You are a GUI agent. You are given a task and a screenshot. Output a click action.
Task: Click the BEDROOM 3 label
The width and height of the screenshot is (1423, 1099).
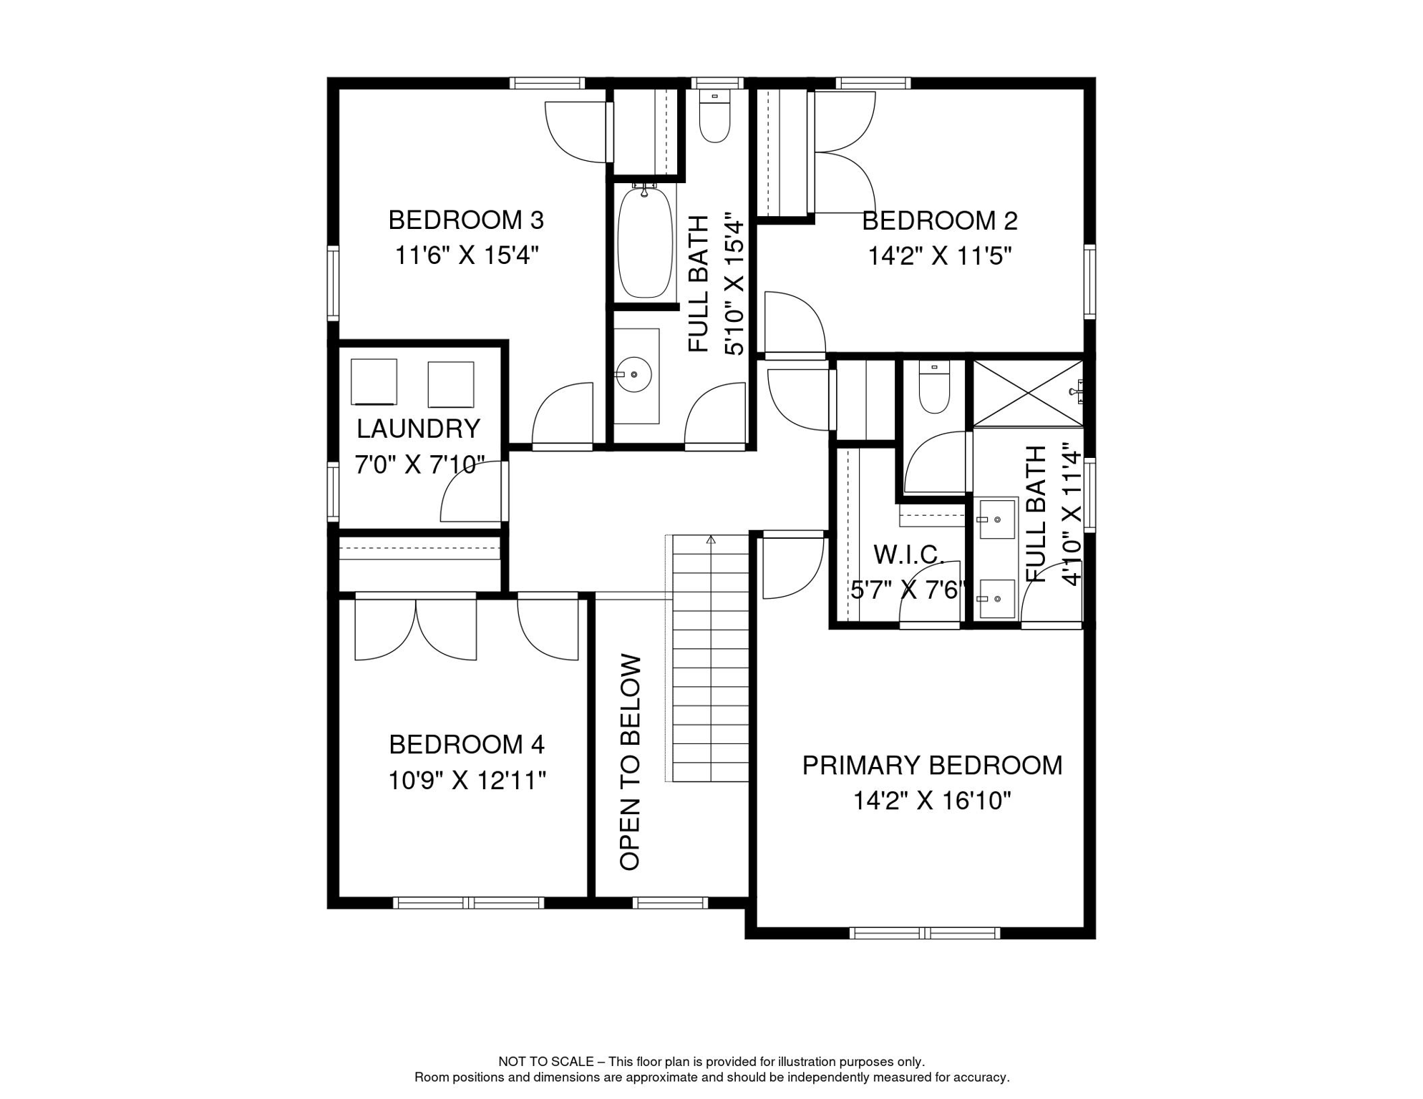(x=466, y=220)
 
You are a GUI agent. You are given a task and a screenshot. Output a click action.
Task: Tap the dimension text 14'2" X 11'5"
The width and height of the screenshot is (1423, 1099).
(x=939, y=255)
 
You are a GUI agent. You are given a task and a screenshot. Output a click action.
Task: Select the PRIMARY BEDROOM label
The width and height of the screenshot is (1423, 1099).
(x=931, y=765)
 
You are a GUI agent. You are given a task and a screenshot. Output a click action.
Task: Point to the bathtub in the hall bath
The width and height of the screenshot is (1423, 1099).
(x=645, y=242)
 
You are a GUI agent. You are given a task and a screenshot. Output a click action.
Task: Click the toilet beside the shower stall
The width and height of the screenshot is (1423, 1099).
(x=934, y=388)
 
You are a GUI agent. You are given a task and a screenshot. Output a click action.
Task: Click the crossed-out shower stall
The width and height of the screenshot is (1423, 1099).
(x=1028, y=394)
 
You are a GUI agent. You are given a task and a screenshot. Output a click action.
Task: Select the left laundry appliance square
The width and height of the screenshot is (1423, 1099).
(x=374, y=382)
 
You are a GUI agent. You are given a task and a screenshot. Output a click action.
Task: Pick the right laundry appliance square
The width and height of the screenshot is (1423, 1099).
(x=450, y=384)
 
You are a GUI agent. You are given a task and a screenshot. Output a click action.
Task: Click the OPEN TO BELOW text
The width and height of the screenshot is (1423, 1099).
(x=630, y=761)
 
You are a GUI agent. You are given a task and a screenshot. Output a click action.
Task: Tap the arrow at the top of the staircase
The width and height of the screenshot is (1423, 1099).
(x=711, y=539)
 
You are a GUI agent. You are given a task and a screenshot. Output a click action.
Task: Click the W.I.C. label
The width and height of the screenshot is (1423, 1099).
(x=908, y=555)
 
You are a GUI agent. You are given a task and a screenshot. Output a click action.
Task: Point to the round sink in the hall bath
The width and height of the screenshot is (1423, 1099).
(x=634, y=374)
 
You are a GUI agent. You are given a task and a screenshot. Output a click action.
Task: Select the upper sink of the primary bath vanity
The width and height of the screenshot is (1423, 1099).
(x=996, y=519)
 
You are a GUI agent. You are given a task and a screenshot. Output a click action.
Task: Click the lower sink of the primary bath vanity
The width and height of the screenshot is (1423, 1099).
(x=996, y=598)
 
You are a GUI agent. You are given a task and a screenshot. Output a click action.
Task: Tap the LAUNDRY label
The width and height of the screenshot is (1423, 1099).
(x=418, y=429)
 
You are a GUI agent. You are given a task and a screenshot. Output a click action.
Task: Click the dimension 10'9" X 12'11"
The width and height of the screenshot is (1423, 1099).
(x=467, y=781)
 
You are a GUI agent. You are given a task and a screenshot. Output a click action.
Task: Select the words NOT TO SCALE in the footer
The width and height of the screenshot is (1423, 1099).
(x=545, y=1062)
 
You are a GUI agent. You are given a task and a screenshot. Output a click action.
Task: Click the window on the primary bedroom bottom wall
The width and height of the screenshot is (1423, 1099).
(x=924, y=933)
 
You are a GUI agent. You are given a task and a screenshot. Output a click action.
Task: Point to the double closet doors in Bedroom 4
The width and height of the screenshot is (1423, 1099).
(x=416, y=630)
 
